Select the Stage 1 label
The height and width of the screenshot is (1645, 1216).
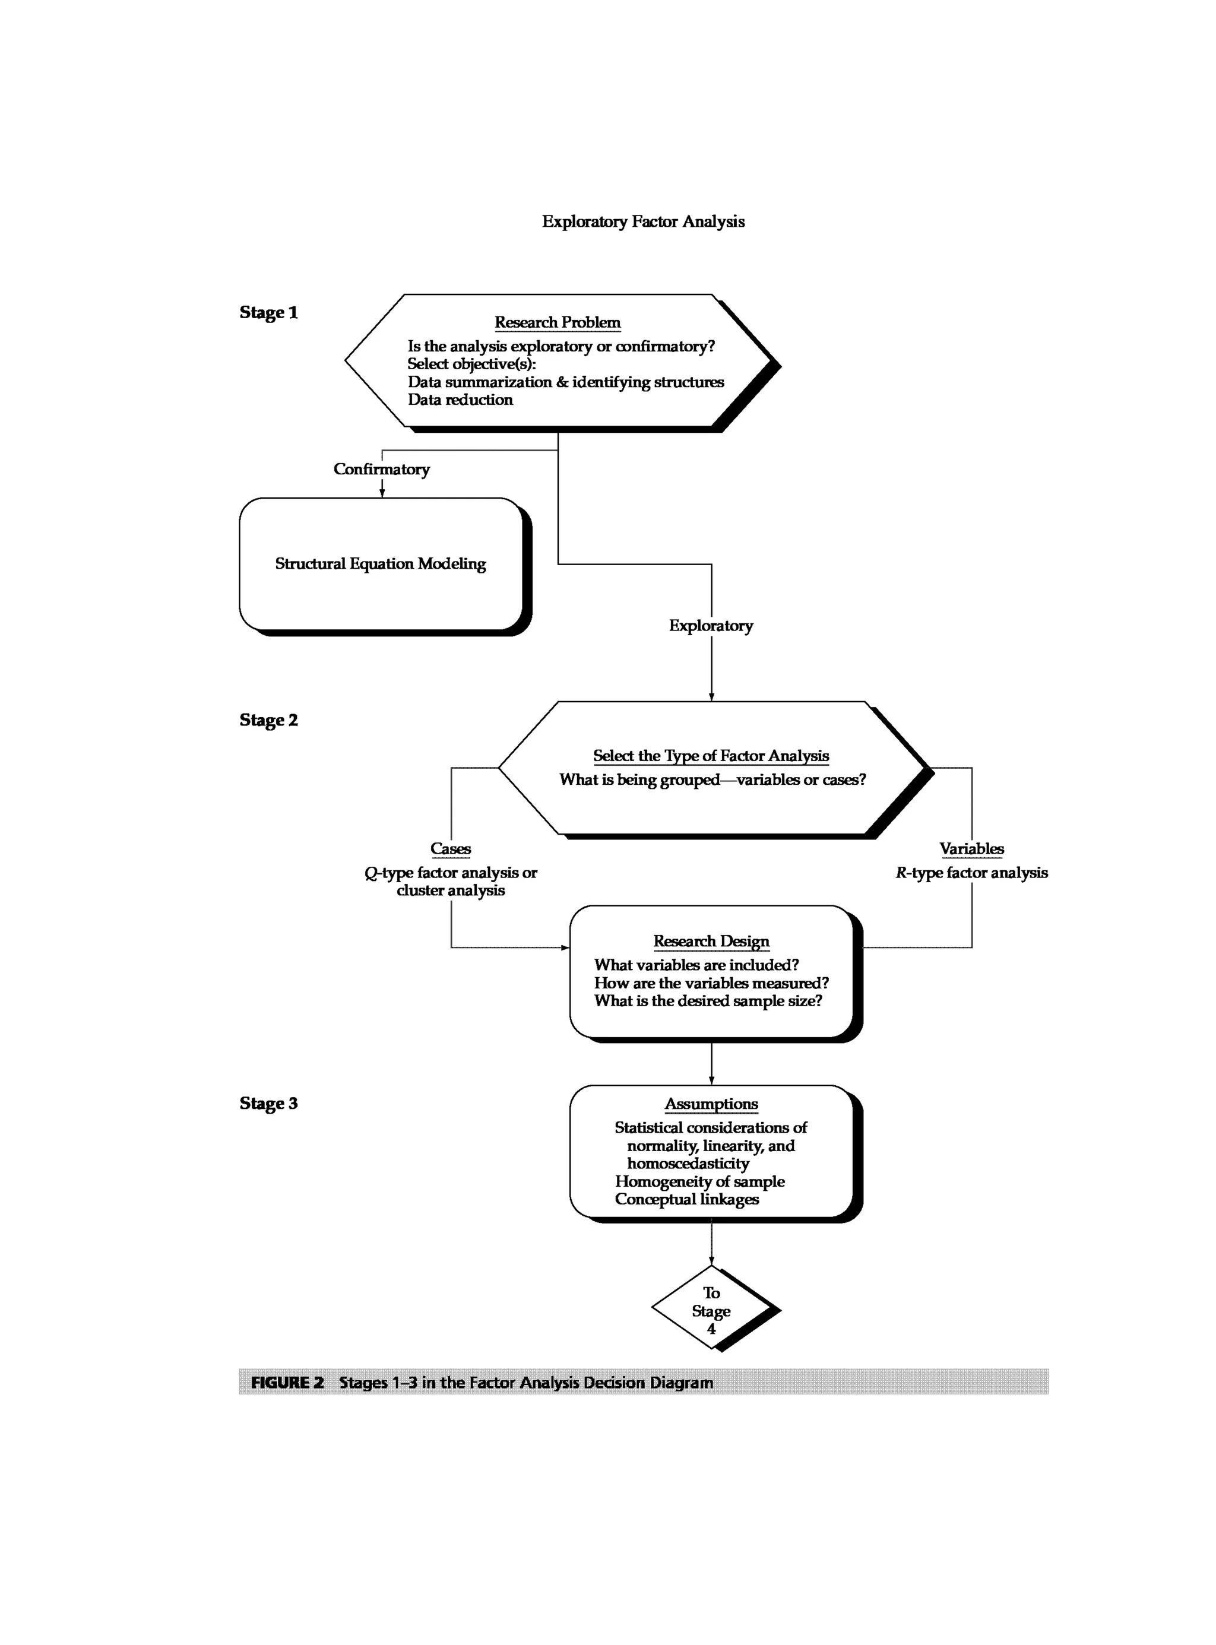pyautogui.click(x=268, y=313)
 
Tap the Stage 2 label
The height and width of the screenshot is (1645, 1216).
pyautogui.click(x=268, y=720)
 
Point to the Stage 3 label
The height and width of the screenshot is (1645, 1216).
pyautogui.click(x=268, y=1103)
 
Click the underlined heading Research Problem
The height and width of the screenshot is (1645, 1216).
pyautogui.click(x=557, y=322)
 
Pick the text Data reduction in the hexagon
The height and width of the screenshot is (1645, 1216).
pyautogui.click(x=460, y=400)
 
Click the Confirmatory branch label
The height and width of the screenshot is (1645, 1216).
pyautogui.click(x=381, y=469)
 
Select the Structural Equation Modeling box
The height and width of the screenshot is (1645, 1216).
pyautogui.click(x=381, y=564)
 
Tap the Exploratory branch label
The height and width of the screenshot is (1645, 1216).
pyautogui.click(x=710, y=626)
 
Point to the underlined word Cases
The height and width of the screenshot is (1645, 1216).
pyautogui.click(x=451, y=849)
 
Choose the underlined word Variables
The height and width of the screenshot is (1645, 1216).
pyautogui.click(x=971, y=849)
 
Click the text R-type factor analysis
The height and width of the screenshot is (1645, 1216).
pyautogui.click(x=971, y=873)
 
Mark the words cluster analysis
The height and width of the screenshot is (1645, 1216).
pyautogui.click(x=451, y=890)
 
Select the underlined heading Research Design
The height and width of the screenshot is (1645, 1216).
pyautogui.click(x=711, y=942)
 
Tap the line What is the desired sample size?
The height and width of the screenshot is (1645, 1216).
pyautogui.click(x=708, y=1001)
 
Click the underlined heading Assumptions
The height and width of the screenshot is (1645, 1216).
pyautogui.click(x=711, y=1104)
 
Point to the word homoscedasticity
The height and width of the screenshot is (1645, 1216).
pyautogui.click(x=688, y=1164)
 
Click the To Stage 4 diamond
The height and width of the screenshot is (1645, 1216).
pyautogui.click(x=711, y=1311)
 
